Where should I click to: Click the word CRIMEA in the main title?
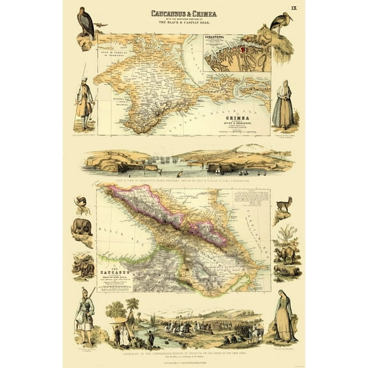click(203, 13)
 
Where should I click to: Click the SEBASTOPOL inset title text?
click(220, 38)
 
